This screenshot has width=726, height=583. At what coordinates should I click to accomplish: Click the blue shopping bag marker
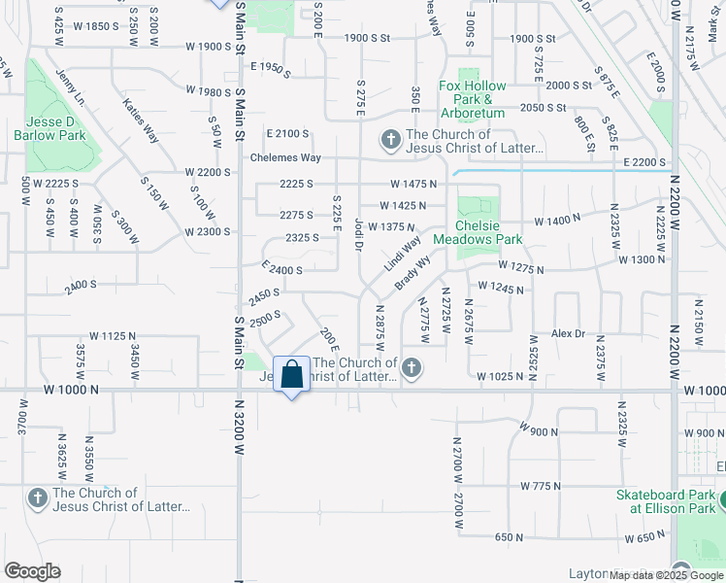click(x=292, y=375)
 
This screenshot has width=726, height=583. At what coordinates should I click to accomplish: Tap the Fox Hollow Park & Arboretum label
click(x=473, y=99)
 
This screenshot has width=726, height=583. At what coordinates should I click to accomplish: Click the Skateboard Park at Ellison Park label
click(x=666, y=501)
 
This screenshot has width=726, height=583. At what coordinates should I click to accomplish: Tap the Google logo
click(x=32, y=570)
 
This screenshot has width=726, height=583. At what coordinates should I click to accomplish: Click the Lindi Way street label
click(x=401, y=253)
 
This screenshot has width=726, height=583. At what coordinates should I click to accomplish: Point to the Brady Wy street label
click(x=412, y=273)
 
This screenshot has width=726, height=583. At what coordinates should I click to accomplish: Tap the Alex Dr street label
click(x=569, y=332)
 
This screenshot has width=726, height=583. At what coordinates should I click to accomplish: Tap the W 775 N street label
click(x=542, y=485)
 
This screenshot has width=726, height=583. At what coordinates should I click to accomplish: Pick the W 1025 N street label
click(x=500, y=376)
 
